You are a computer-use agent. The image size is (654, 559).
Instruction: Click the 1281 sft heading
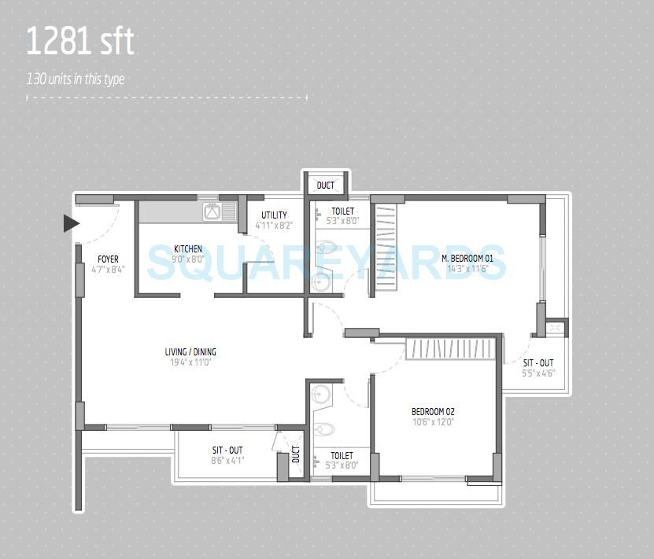(x=80, y=42)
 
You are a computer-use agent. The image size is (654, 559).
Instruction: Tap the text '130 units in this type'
(x=76, y=79)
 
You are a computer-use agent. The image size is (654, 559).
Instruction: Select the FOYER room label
(x=108, y=259)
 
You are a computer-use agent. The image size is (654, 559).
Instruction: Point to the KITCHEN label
(x=188, y=248)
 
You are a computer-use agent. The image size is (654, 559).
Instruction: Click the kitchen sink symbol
(x=212, y=211)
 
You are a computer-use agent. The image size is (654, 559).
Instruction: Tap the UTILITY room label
(x=274, y=215)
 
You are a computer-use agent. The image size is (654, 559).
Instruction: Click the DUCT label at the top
(x=325, y=186)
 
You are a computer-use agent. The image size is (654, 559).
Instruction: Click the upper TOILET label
(x=342, y=211)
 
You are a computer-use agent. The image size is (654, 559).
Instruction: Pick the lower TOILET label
(x=342, y=455)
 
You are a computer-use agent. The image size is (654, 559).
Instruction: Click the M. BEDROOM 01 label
(x=467, y=259)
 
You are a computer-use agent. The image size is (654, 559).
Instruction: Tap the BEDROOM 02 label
(x=433, y=411)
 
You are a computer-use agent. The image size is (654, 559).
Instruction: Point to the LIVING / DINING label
(x=190, y=352)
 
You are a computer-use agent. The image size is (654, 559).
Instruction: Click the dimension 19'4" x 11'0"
(x=190, y=362)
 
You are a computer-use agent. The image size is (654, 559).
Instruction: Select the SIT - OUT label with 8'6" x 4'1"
(x=227, y=451)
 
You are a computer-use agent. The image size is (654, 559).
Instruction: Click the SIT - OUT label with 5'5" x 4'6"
(x=538, y=363)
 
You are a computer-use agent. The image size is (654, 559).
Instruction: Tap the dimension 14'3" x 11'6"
(x=467, y=269)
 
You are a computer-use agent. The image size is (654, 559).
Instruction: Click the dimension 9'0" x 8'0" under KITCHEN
(x=188, y=259)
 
